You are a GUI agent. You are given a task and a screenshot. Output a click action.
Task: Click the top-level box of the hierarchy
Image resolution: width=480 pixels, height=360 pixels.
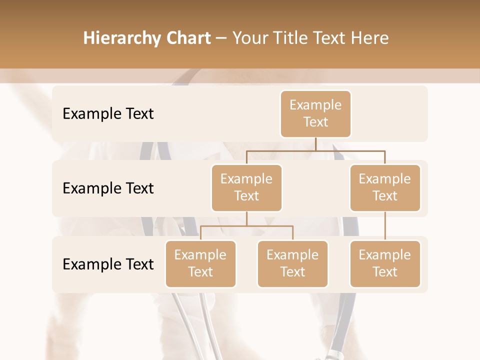[x=315, y=113]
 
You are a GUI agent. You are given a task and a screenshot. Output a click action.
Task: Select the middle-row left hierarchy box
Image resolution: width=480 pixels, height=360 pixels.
[x=246, y=187]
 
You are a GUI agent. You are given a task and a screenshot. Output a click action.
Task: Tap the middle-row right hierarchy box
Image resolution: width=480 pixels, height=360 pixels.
[x=385, y=187]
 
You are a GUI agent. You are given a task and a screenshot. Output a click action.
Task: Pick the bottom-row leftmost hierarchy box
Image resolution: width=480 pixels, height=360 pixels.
[x=200, y=263]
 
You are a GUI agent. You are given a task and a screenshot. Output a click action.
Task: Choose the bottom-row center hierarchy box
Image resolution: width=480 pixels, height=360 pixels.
[x=292, y=263]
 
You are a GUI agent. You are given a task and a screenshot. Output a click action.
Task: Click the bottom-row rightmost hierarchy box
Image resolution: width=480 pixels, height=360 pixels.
[x=385, y=263]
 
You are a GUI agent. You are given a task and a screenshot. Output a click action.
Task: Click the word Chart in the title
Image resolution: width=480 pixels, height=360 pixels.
[x=188, y=38]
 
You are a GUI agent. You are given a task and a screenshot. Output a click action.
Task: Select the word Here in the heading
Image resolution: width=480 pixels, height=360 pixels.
[x=370, y=38]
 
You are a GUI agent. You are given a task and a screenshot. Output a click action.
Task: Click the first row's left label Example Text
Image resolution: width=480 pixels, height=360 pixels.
[x=108, y=114]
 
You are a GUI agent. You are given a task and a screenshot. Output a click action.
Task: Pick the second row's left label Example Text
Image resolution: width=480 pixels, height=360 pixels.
[x=108, y=188]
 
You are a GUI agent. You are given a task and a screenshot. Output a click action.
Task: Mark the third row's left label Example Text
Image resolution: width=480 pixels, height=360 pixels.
[x=108, y=264]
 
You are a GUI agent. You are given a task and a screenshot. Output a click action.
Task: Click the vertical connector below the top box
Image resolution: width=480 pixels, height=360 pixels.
[x=315, y=144]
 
